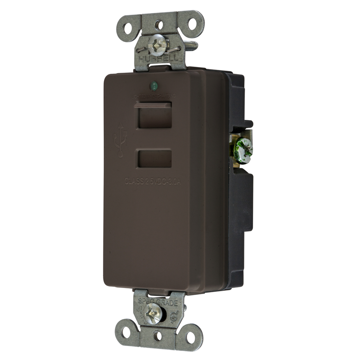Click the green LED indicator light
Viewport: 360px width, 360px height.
point(154,86)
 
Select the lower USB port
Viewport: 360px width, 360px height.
point(154,159)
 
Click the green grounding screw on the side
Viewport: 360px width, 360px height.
point(243,149)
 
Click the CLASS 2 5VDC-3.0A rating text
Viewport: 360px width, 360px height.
point(153,181)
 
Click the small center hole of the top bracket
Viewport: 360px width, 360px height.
point(159,25)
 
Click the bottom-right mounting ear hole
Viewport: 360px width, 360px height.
point(190,337)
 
